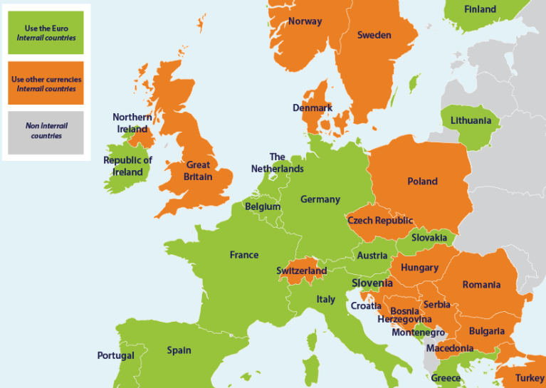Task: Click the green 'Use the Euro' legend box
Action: click(x=46, y=33)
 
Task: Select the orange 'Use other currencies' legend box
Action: click(x=46, y=83)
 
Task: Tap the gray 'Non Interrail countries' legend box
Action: click(x=46, y=132)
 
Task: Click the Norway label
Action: click(x=305, y=21)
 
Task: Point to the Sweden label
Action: click(x=374, y=35)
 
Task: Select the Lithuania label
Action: click(x=471, y=120)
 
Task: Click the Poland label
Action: click(x=422, y=182)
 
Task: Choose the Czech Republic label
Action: click(x=379, y=221)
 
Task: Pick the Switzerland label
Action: click(x=301, y=271)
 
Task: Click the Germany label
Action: click(x=320, y=199)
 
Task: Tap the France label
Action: click(x=243, y=255)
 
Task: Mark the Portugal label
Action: click(x=115, y=355)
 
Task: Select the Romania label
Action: click(x=481, y=285)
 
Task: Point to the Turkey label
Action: click(x=530, y=378)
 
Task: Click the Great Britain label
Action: click(x=198, y=171)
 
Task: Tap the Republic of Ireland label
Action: click(x=127, y=166)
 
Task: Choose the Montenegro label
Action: click(x=418, y=332)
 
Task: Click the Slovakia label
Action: click(x=429, y=237)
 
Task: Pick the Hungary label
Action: click(x=419, y=268)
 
